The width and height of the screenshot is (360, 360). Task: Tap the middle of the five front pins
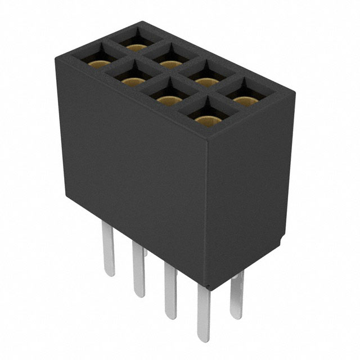pyautogui.click(x=170, y=290)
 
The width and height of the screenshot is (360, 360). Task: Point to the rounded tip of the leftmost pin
pyautogui.click(x=109, y=273)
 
